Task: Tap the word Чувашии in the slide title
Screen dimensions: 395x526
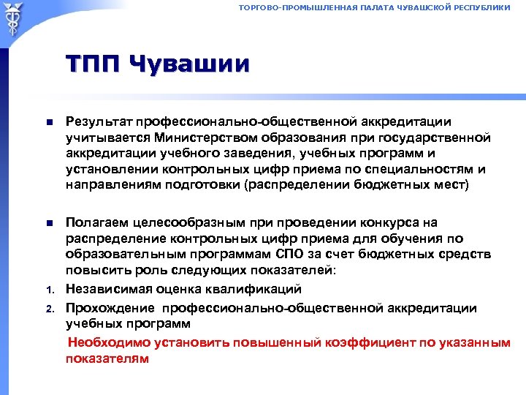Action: tap(189, 64)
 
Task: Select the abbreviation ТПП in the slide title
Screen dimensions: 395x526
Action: tap(94, 64)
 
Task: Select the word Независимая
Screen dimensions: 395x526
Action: tap(110, 290)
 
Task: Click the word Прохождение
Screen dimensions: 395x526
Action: tap(110, 308)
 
